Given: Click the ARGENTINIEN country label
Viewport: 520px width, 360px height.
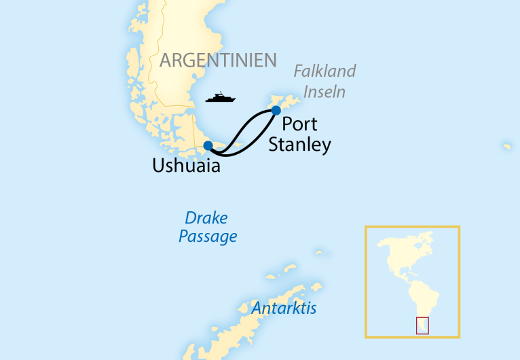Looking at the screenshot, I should [x=218, y=60].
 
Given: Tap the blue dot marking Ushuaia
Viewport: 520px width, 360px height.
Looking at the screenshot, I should [x=208, y=145].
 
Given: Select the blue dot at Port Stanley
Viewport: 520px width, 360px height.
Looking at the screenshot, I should [x=276, y=110].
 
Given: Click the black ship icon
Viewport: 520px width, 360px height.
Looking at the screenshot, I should [x=220, y=98].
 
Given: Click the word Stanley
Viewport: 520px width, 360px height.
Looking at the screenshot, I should [x=299, y=145].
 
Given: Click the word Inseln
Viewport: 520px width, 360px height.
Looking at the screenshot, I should [x=324, y=91].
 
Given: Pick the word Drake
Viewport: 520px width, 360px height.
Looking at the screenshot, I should [x=206, y=219].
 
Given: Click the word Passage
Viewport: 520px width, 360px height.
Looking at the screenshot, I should [x=208, y=237].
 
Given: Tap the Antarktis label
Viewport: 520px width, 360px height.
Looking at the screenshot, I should [x=284, y=308].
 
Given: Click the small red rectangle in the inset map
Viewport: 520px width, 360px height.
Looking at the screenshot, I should [x=422, y=325].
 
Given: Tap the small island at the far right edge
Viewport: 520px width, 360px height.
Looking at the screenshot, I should [x=507, y=146].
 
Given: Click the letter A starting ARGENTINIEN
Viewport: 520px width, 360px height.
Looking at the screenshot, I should [x=166, y=60].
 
